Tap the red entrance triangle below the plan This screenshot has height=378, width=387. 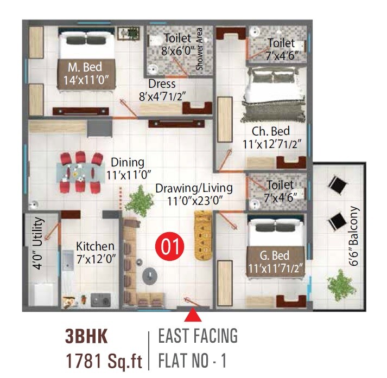click(x=193, y=315)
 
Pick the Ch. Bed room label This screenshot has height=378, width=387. click(x=270, y=131)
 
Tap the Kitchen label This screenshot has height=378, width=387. click(x=95, y=246)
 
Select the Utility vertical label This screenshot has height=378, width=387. click(x=37, y=243)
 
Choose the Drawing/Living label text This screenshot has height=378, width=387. click(x=194, y=188)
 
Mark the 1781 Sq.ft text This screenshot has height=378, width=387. click(x=104, y=360)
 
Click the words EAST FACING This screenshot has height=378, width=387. click(x=198, y=336)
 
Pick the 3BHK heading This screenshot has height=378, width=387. click(x=86, y=337)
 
